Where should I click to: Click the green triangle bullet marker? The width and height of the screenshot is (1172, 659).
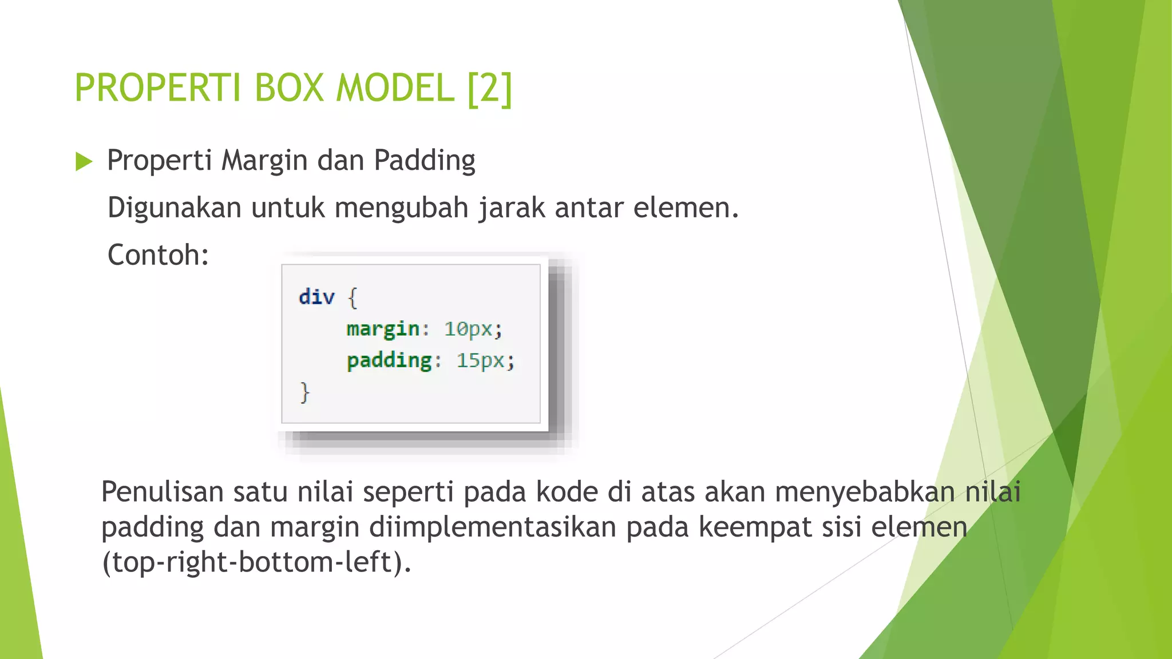84,162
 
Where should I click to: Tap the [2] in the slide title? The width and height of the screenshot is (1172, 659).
490,89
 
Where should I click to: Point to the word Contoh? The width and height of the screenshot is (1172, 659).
159,255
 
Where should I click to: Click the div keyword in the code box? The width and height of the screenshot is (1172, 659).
316,297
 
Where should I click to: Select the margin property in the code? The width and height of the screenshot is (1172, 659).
383,329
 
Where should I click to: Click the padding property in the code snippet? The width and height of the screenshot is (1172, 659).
389,360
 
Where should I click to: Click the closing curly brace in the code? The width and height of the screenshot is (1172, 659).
305,393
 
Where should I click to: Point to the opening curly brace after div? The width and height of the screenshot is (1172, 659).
353,298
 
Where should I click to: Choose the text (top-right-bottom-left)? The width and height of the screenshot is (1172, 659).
256,562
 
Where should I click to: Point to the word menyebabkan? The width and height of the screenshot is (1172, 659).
865,492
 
